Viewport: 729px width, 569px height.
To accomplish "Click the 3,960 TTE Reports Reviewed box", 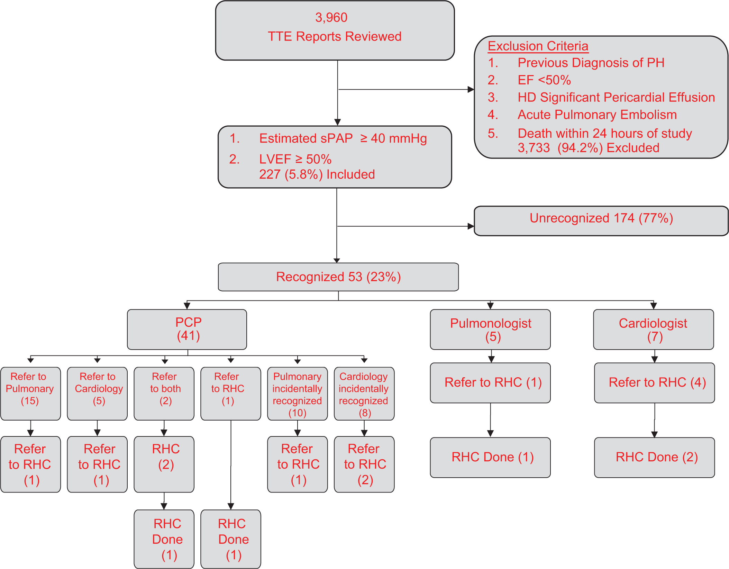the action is pyautogui.click(x=335, y=30).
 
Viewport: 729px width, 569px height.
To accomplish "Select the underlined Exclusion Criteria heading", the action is pyautogui.click(x=538, y=46).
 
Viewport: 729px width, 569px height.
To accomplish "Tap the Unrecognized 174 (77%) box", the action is pyautogui.click(x=601, y=221).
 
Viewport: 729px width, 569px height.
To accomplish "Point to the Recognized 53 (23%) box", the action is pyautogui.click(x=338, y=277).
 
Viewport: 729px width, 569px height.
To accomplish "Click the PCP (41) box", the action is pyautogui.click(x=187, y=329).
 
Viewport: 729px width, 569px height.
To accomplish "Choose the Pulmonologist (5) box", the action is pyautogui.click(x=490, y=329).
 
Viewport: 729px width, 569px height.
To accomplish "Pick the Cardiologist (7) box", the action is pyautogui.click(x=653, y=329).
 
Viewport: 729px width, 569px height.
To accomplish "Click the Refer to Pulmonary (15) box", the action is pyautogui.click(x=30, y=394).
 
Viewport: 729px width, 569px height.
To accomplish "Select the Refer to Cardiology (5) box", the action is pyautogui.click(x=97, y=394).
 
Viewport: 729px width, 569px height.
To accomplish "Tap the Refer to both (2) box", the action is pyautogui.click(x=164, y=394).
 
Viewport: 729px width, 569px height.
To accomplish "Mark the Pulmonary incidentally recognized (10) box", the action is pyautogui.click(x=298, y=394).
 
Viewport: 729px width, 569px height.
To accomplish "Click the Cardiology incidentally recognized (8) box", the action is pyautogui.click(x=364, y=394).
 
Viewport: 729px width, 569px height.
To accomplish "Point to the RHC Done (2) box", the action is pyautogui.click(x=654, y=458).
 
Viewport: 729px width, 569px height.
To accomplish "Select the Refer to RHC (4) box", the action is pyautogui.click(x=654, y=383).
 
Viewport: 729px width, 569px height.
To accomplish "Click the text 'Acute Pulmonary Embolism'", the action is pyautogui.click(x=597, y=115).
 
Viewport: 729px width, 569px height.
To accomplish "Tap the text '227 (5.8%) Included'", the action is pyautogui.click(x=317, y=174).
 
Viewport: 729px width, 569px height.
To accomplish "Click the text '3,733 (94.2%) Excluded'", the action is pyautogui.click(x=589, y=148).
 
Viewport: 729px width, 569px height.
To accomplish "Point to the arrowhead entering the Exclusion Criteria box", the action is pyautogui.click(x=471, y=90).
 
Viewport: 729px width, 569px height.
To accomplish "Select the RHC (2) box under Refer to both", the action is pyautogui.click(x=164, y=464).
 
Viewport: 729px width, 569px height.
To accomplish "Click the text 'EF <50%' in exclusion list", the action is pyautogui.click(x=544, y=80).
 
